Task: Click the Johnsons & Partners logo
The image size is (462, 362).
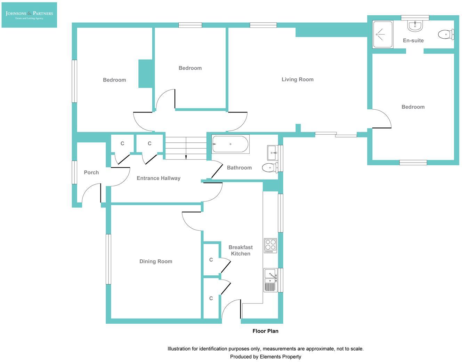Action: tap(29, 15)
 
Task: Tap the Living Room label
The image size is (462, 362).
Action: tap(297, 79)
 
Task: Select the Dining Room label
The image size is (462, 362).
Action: tap(156, 261)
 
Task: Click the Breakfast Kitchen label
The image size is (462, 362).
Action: tap(241, 250)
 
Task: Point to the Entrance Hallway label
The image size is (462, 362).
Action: tap(159, 178)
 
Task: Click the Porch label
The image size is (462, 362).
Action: tap(91, 172)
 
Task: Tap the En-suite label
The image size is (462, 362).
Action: tap(413, 40)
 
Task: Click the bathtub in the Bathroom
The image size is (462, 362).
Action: tap(230, 144)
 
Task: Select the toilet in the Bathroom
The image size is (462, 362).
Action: tap(269, 168)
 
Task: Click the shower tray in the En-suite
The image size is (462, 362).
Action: tap(382, 34)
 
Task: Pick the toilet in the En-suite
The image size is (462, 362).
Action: tap(446, 34)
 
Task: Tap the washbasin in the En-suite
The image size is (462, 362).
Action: tap(415, 26)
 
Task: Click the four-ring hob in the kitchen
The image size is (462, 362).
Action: tap(270, 245)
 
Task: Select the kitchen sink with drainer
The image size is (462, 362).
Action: tap(270, 280)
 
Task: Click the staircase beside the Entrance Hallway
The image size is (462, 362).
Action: tap(186, 148)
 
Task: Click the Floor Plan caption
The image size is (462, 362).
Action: tap(265, 331)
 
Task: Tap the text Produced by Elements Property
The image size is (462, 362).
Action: tap(266, 356)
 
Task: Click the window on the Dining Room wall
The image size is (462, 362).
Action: tap(108, 259)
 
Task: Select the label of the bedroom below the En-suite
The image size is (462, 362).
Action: tap(413, 107)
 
